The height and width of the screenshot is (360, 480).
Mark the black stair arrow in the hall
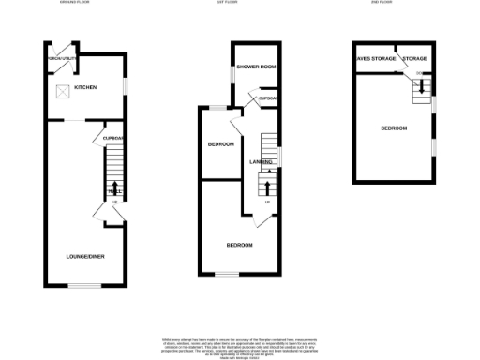coord(114,187)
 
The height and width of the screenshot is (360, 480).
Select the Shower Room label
coord(255,67)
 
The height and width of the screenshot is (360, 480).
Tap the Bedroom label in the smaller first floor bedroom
coord(219,145)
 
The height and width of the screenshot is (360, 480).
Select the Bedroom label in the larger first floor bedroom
coord(239,245)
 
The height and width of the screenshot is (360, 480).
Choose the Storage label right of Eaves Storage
coord(414,58)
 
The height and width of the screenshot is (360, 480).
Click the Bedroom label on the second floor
coord(393,127)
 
